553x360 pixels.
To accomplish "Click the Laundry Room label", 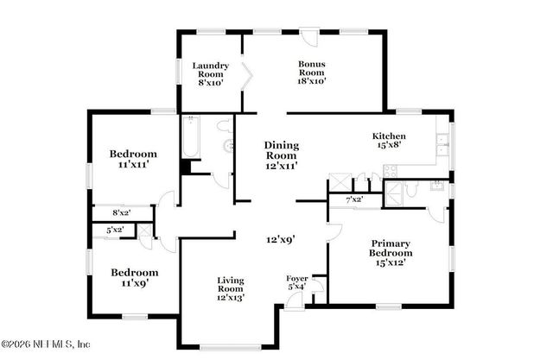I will [210, 74].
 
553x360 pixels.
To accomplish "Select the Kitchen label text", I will [389, 142].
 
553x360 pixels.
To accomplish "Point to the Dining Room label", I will [282, 154].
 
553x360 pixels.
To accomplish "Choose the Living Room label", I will [230, 288].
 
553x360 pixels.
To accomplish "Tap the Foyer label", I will [297, 282].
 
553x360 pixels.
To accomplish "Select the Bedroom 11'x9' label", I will [134, 277].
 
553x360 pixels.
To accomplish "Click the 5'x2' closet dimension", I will [115, 230].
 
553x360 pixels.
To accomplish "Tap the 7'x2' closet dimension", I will [353, 199].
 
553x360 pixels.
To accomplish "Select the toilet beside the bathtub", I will [228, 146].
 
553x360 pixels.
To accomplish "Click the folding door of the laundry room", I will [246, 76].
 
